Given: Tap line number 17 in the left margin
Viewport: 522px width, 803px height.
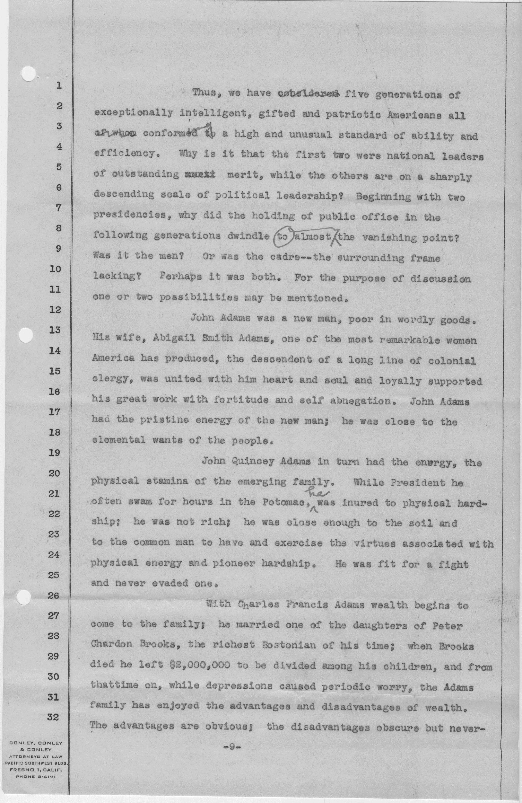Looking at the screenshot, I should [54, 412].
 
